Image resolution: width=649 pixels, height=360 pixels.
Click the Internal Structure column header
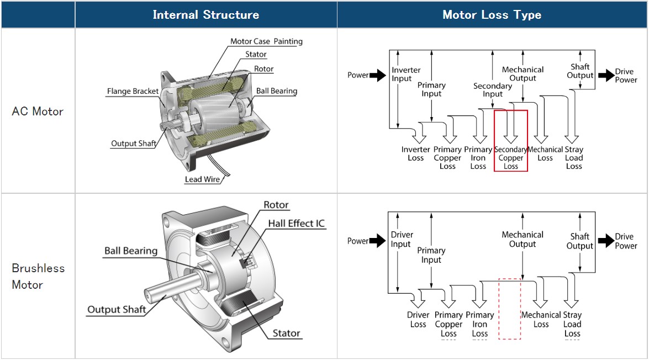pos(205,15)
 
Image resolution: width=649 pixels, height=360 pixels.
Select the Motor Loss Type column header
pos(492,15)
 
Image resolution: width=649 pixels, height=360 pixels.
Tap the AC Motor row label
pos(38,111)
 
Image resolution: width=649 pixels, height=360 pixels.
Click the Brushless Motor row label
pos(38,276)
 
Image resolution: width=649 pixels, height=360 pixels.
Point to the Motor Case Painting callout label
pos(266,41)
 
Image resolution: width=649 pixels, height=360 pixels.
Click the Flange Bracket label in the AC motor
pos(133,91)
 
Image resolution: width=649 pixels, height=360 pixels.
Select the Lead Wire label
pos(202,179)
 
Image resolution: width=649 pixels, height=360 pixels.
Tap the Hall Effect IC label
pos(297,224)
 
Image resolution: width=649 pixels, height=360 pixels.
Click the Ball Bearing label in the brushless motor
pos(131,251)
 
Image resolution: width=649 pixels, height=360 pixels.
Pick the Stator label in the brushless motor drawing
pos(286,333)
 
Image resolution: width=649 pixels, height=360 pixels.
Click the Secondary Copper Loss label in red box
pos(511,158)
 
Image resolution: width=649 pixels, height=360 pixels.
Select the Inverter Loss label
pos(415,153)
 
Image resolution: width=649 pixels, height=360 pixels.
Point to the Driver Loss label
pos(418,320)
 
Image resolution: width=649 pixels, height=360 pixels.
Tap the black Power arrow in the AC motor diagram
pos(378,75)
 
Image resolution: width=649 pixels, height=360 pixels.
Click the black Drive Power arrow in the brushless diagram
pos(606,241)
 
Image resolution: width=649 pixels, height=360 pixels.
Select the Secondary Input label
pos(493,90)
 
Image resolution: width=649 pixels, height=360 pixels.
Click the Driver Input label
pos(402,239)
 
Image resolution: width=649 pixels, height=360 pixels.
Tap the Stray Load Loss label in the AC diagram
pos(574,158)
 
